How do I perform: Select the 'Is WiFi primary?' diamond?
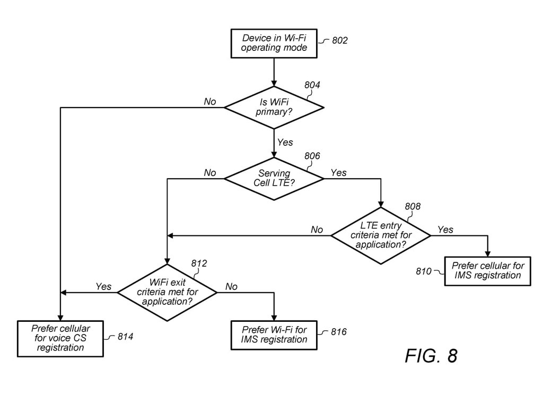tap(274, 108)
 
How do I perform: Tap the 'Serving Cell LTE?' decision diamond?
tap(274, 179)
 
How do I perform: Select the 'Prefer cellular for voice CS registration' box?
tap(60, 338)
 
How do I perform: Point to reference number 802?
tap(340, 40)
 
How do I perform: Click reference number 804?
tap(312, 84)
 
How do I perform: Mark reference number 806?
tap(313, 156)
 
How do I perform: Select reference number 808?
tap(413, 206)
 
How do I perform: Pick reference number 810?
tap(425, 271)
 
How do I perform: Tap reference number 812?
tap(199, 263)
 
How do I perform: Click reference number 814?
tap(125, 336)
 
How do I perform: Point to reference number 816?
tap(338, 332)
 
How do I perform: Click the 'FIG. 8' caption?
tap(431, 356)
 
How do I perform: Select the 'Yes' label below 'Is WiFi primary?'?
tap(285, 143)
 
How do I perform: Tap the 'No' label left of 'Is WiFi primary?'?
tap(211, 102)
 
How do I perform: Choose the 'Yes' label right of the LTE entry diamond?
tap(445, 230)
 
